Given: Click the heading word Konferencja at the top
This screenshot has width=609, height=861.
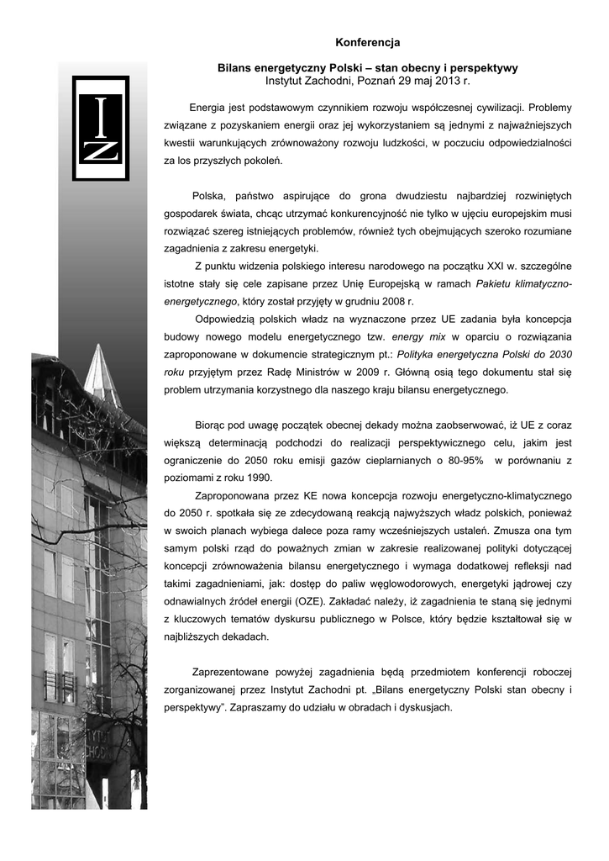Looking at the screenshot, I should click(368, 42).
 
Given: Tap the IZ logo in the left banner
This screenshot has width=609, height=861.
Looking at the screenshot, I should click(100, 129).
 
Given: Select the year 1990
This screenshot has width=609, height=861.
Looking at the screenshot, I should click(256, 478).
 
